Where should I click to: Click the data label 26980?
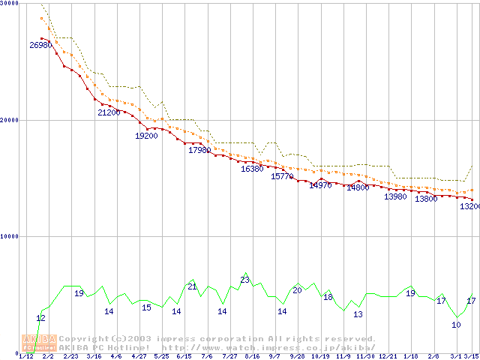point(40,46)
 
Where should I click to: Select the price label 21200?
point(109,112)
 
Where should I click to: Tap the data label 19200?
point(146,136)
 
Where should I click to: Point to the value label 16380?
point(252,169)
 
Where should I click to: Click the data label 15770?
point(282,176)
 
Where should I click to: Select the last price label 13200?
point(469,206)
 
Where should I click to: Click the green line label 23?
point(244,280)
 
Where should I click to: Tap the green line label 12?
point(40,318)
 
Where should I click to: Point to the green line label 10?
point(456,325)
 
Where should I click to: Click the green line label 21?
point(192,286)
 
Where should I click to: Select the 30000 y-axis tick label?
point(10,3)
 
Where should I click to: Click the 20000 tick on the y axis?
point(10,120)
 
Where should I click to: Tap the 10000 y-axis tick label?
point(10,236)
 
